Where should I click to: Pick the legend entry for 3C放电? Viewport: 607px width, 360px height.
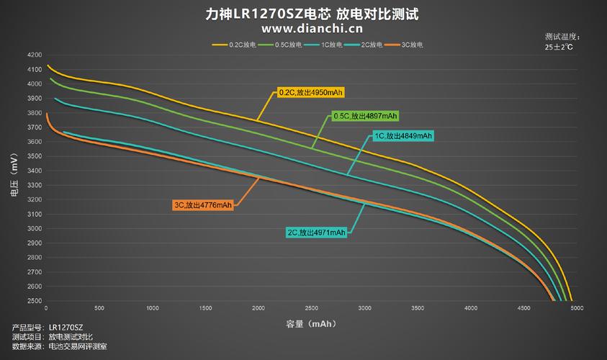407,45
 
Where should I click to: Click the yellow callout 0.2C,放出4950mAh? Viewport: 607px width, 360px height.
310,93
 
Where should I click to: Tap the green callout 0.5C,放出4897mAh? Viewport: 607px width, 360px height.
364,116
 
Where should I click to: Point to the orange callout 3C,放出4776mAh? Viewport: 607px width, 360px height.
203,205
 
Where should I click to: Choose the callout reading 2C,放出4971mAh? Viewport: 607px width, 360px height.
316,233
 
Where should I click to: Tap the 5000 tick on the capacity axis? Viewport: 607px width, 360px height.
575,309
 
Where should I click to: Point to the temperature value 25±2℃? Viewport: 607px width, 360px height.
559,47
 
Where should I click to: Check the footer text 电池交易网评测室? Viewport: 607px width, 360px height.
77,347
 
